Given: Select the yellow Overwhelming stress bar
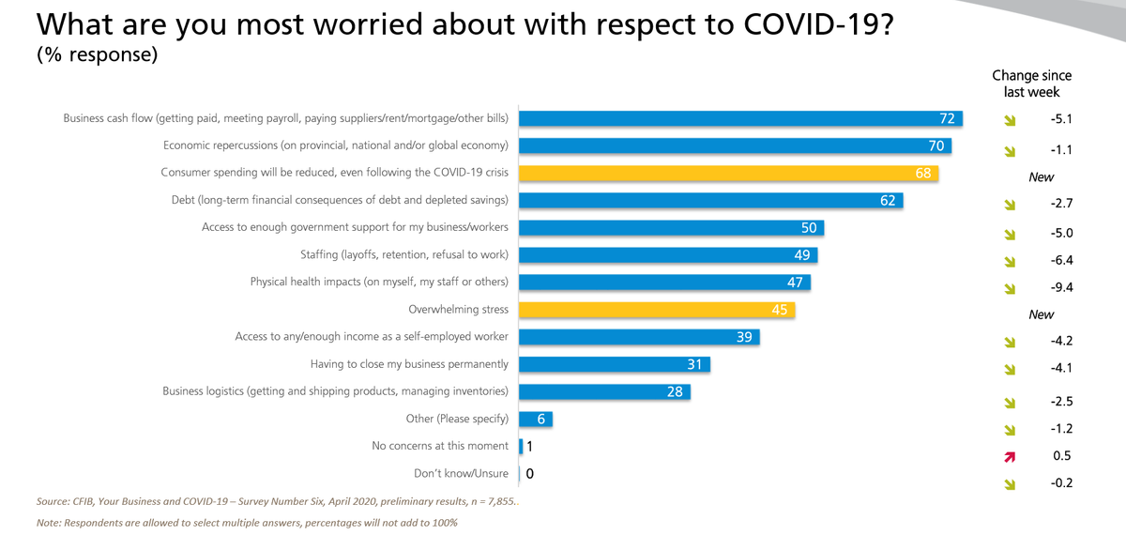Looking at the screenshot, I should click(657, 309).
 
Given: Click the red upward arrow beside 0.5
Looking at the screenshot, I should click(1010, 456).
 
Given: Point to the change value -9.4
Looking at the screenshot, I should click(1061, 288).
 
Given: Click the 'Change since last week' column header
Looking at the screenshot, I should click(1031, 84).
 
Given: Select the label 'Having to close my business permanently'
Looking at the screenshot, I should click(409, 363).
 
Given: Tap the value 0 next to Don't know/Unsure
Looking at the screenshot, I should click(530, 474).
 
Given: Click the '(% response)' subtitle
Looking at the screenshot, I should click(97, 54).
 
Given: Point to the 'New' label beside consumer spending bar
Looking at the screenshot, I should click(1041, 177).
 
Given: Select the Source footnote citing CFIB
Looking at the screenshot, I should click(277, 501).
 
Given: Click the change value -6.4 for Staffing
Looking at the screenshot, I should click(1061, 261).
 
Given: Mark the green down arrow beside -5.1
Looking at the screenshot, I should click(1010, 120).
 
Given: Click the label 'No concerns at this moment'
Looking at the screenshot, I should click(440, 446).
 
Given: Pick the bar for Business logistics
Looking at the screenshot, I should click(604, 391).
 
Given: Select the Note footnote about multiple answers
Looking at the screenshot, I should click(247, 522).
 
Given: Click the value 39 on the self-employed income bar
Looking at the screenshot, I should click(744, 337).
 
